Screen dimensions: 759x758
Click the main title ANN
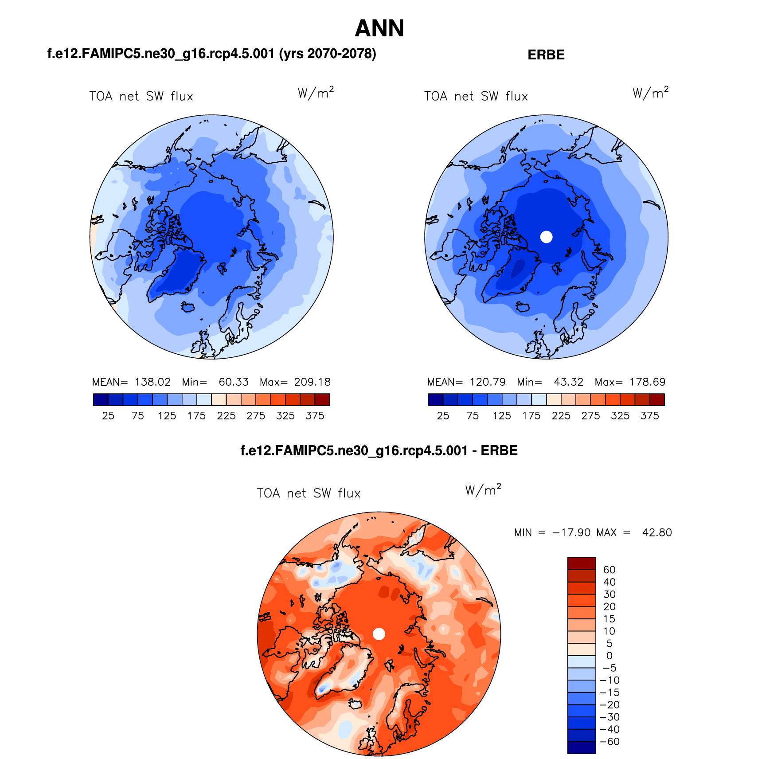(x=379, y=28)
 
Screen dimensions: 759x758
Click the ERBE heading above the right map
(x=546, y=55)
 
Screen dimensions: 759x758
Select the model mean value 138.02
(x=152, y=382)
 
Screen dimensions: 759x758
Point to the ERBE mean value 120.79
(x=488, y=382)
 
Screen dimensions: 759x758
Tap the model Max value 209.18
(x=312, y=382)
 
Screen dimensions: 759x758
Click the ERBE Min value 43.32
(x=568, y=382)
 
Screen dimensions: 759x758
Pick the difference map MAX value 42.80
(x=657, y=532)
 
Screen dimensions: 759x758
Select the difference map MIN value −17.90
(x=571, y=532)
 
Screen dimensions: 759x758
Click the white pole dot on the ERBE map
(x=546, y=237)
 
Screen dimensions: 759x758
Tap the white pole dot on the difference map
(x=379, y=634)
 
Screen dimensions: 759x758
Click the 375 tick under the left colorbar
(x=315, y=416)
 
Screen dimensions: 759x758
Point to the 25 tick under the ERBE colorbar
(x=443, y=416)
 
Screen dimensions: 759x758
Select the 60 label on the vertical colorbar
(x=609, y=570)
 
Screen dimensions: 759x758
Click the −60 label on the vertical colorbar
(x=610, y=742)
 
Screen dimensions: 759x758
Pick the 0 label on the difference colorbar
(x=609, y=656)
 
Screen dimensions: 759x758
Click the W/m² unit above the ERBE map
(x=650, y=93)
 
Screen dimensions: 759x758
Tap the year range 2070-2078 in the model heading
(x=341, y=54)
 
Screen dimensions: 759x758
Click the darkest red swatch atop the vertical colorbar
(x=581, y=563)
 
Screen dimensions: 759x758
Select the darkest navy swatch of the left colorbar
(x=101, y=400)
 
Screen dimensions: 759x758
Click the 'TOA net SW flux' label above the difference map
(x=309, y=493)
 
